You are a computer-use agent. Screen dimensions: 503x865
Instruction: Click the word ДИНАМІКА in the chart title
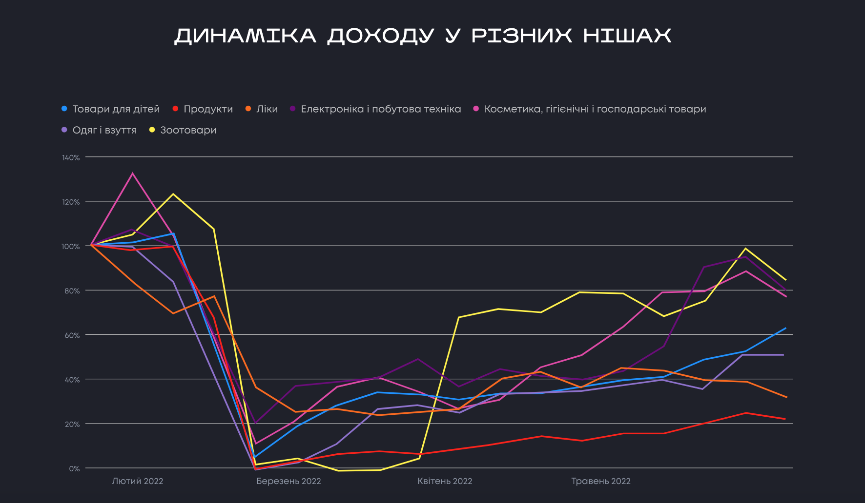pyautogui.click(x=246, y=36)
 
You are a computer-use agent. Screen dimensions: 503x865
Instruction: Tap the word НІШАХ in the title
pyautogui.click(x=627, y=36)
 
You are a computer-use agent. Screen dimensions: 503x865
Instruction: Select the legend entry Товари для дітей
pyautogui.click(x=116, y=109)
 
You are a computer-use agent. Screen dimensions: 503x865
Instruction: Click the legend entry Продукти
pyautogui.click(x=208, y=109)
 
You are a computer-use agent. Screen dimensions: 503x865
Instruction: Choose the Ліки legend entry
pyautogui.click(x=267, y=109)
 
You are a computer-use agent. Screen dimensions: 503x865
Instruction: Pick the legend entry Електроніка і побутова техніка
pyautogui.click(x=381, y=109)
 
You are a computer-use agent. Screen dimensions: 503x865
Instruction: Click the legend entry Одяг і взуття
pyautogui.click(x=104, y=130)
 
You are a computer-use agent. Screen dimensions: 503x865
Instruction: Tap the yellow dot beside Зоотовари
pyautogui.click(x=152, y=130)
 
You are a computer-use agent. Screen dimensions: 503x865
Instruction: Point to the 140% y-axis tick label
pyautogui.click(x=71, y=157)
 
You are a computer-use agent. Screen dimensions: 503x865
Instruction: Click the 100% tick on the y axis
pyautogui.click(x=71, y=246)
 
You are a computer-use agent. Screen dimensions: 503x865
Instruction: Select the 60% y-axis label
pyautogui.click(x=72, y=335)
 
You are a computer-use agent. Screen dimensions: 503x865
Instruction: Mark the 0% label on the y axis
pyautogui.click(x=74, y=468)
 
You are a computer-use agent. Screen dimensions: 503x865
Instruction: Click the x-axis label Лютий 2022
pyautogui.click(x=138, y=481)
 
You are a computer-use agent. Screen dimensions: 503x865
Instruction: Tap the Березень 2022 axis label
pyautogui.click(x=288, y=481)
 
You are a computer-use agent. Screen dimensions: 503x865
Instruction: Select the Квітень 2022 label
pyautogui.click(x=445, y=481)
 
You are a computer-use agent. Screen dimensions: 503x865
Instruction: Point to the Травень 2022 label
pyautogui.click(x=601, y=481)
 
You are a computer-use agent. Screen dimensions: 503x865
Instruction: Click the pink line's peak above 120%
pyautogui.click(x=132, y=174)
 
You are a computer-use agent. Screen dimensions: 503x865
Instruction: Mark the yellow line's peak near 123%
pyautogui.click(x=173, y=194)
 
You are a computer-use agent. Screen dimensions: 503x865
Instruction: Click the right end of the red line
pyautogui.click(x=785, y=419)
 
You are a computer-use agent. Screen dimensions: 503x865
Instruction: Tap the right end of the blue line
pyautogui.click(x=785, y=329)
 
